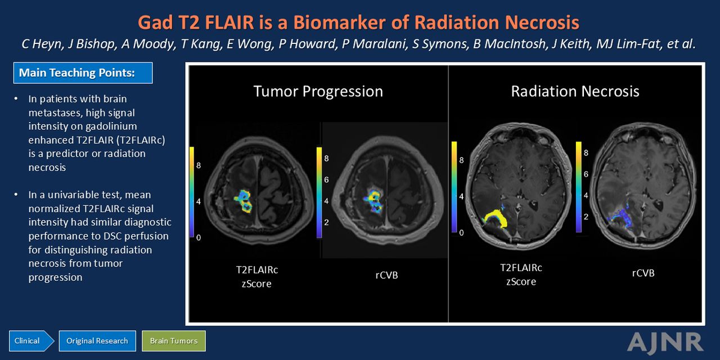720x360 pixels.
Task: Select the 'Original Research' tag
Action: (x=97, y=341)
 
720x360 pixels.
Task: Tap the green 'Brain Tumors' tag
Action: (x=174, y=341)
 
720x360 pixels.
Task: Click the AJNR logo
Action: (x=665, y=341)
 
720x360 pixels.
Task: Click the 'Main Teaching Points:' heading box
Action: (x=83, y=73)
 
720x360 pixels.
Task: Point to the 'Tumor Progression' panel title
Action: (x=318, y=91)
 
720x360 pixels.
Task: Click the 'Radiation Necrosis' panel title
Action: (x=575, y=91)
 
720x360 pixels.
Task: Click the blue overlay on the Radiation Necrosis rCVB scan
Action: (x=619, y=219)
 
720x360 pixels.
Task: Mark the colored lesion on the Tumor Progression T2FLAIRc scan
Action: (x=244, y=201)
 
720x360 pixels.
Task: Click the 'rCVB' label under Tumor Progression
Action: (x=386, y=275)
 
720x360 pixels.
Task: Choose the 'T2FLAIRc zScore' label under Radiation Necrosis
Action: (x=521, y=274)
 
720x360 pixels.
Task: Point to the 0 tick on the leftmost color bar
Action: (x=199, y=237)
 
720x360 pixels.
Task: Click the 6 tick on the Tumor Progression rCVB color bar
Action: (x=326, y=179)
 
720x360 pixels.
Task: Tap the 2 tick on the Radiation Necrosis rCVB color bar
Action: (x=586, y=217)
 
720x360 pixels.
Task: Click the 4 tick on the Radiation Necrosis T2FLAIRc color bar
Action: (x=461, y=196)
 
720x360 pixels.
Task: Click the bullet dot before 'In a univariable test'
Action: (x=16, y=195)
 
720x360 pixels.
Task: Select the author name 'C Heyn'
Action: (x=42, y=44)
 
